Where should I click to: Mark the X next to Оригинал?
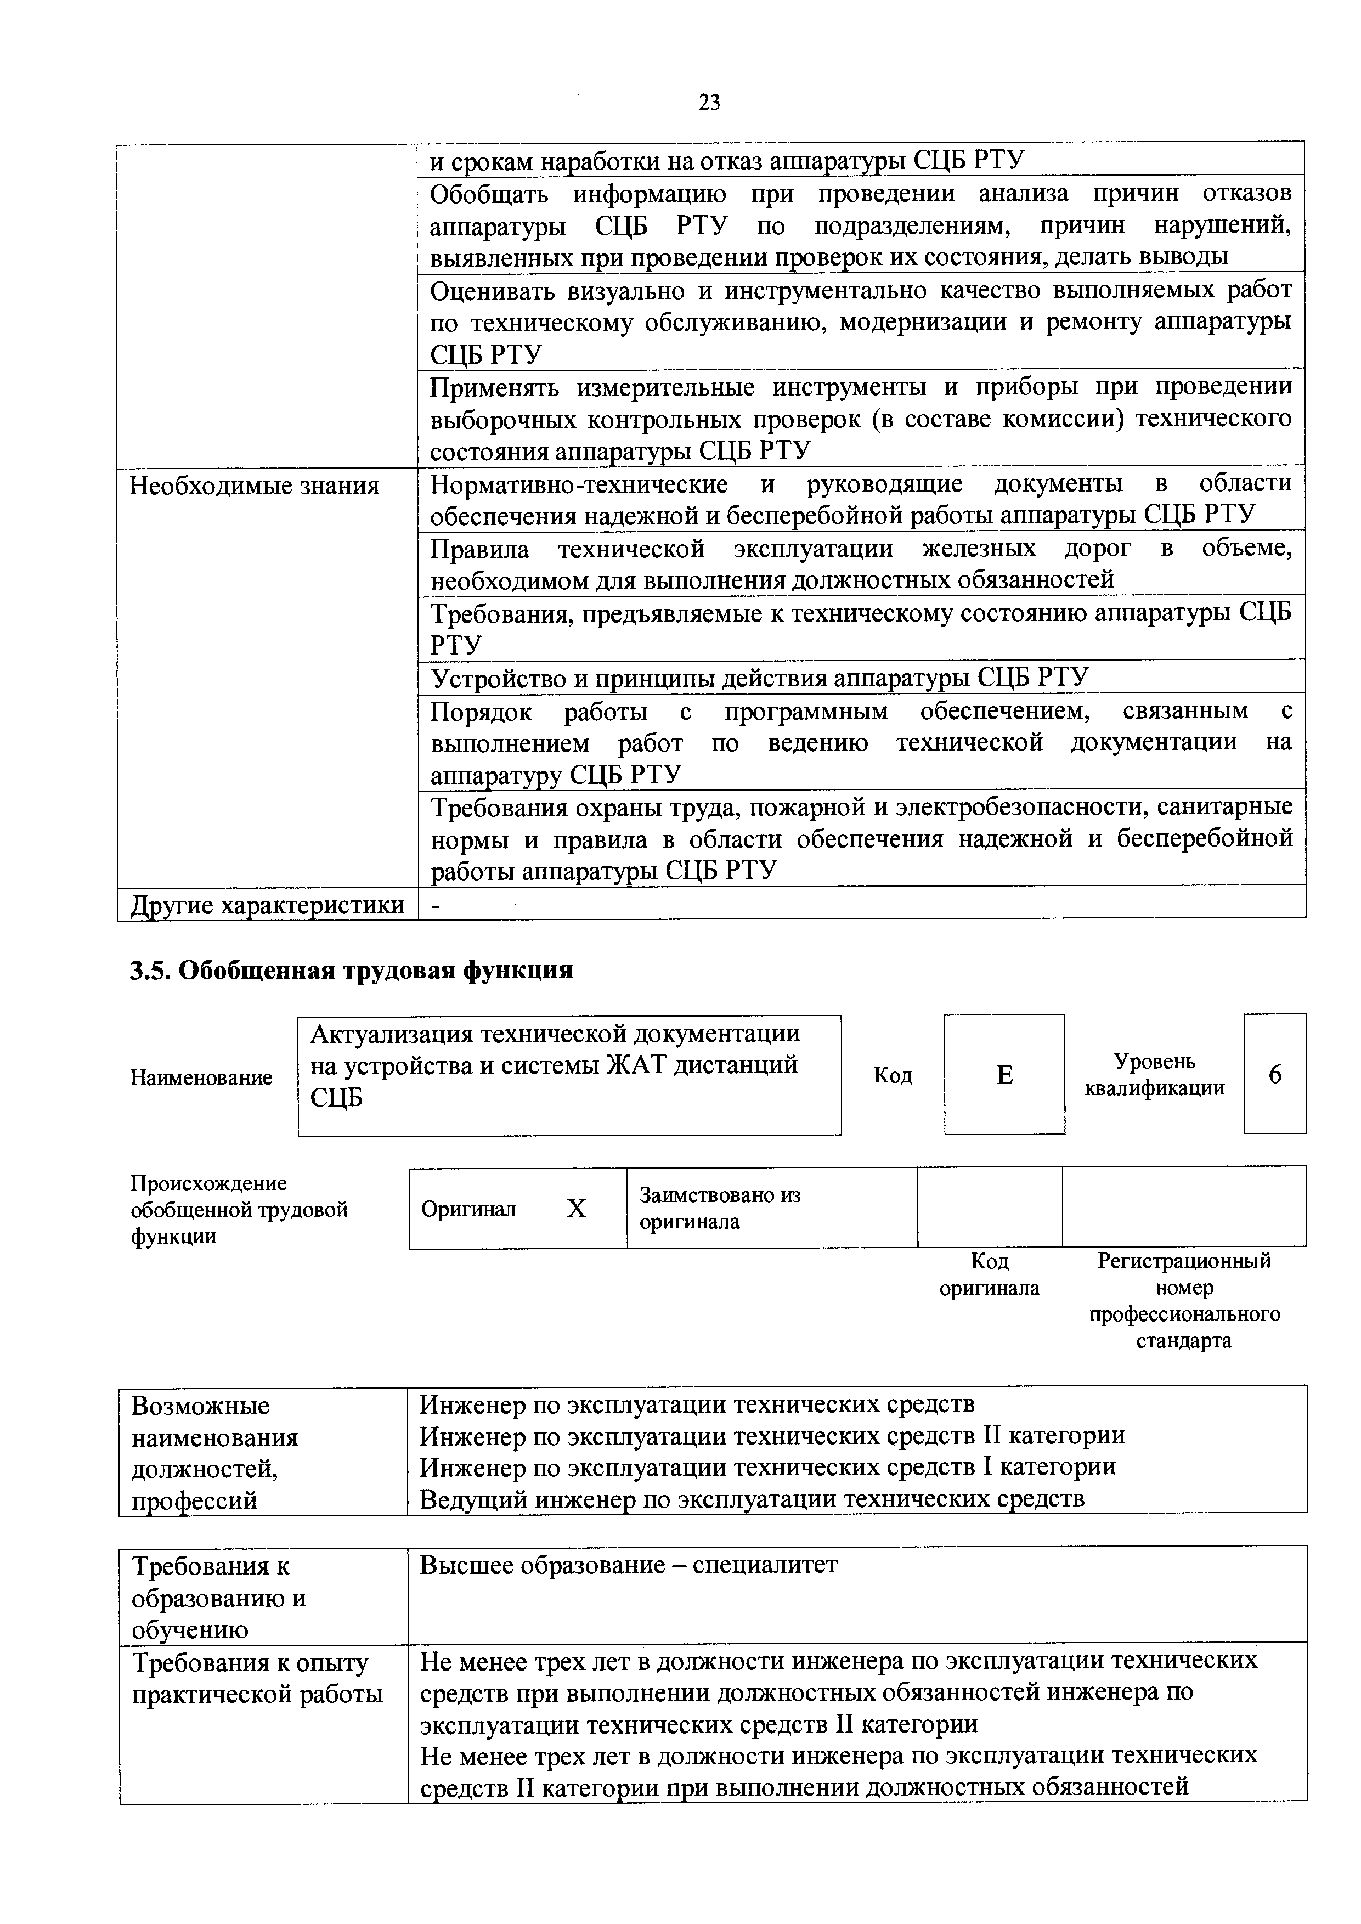[577, 1209]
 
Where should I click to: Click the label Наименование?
[201, 1077]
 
